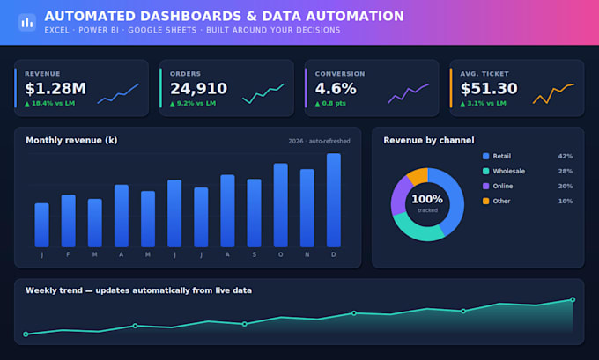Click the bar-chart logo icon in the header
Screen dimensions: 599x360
pos(27,23)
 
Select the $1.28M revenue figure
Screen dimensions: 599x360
pos(55,89)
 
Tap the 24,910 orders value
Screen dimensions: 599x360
pos(199,89)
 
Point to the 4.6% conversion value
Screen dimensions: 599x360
pos(336,89)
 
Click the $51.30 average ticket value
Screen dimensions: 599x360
pos(489,89)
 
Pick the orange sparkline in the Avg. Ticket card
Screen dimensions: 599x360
pos(553,93)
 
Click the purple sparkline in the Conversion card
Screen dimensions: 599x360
pos(409,93)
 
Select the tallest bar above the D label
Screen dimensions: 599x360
pos(334,200)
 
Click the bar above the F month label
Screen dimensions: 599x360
pos(69,221)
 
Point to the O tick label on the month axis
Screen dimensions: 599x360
pos(281,254)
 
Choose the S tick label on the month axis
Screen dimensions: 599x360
pos(254,254)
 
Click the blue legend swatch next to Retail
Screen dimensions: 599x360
pos(486,156)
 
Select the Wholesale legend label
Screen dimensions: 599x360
pos(509,171)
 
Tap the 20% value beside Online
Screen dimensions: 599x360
pos(566,187)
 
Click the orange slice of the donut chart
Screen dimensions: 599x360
pos(418,176)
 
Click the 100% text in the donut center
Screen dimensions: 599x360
pos(427,199)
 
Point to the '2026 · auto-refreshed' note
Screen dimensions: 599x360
pos(319,141)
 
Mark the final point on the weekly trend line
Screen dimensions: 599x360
pos(573,299)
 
